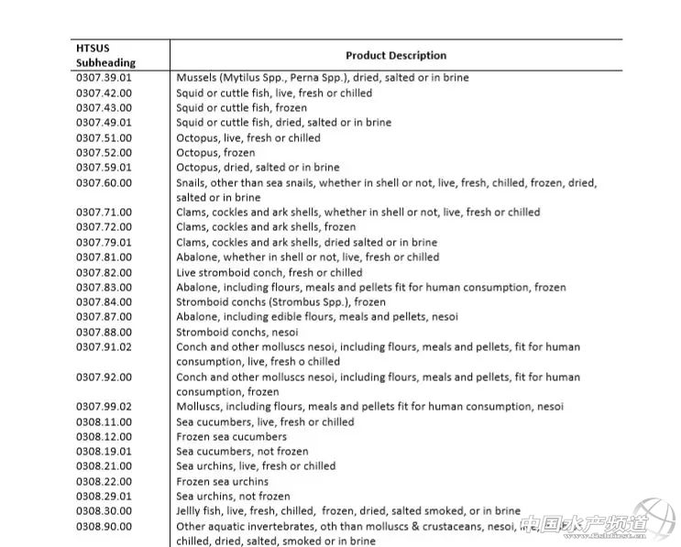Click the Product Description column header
[x=396, y=56]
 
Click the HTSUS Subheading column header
[x=105, y=55]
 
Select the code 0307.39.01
[x=104, y=78]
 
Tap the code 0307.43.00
[x=104, y=108]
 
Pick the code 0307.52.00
[x=104, y=153]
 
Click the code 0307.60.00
[x=104, y=182]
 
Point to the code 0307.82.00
[x=104, y=272]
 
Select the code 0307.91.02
[x=104, y=347]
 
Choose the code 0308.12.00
[x=104, y=437]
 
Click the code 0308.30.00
[x=104, y=511]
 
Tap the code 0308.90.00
[x=104, y=527]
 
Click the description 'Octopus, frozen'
[x=215, y=153]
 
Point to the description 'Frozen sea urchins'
[x=223, y=481]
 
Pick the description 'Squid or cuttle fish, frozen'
[x=242, y=108]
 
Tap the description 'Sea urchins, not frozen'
[x=233, y=497]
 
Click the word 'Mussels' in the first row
[x=196, y=78]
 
